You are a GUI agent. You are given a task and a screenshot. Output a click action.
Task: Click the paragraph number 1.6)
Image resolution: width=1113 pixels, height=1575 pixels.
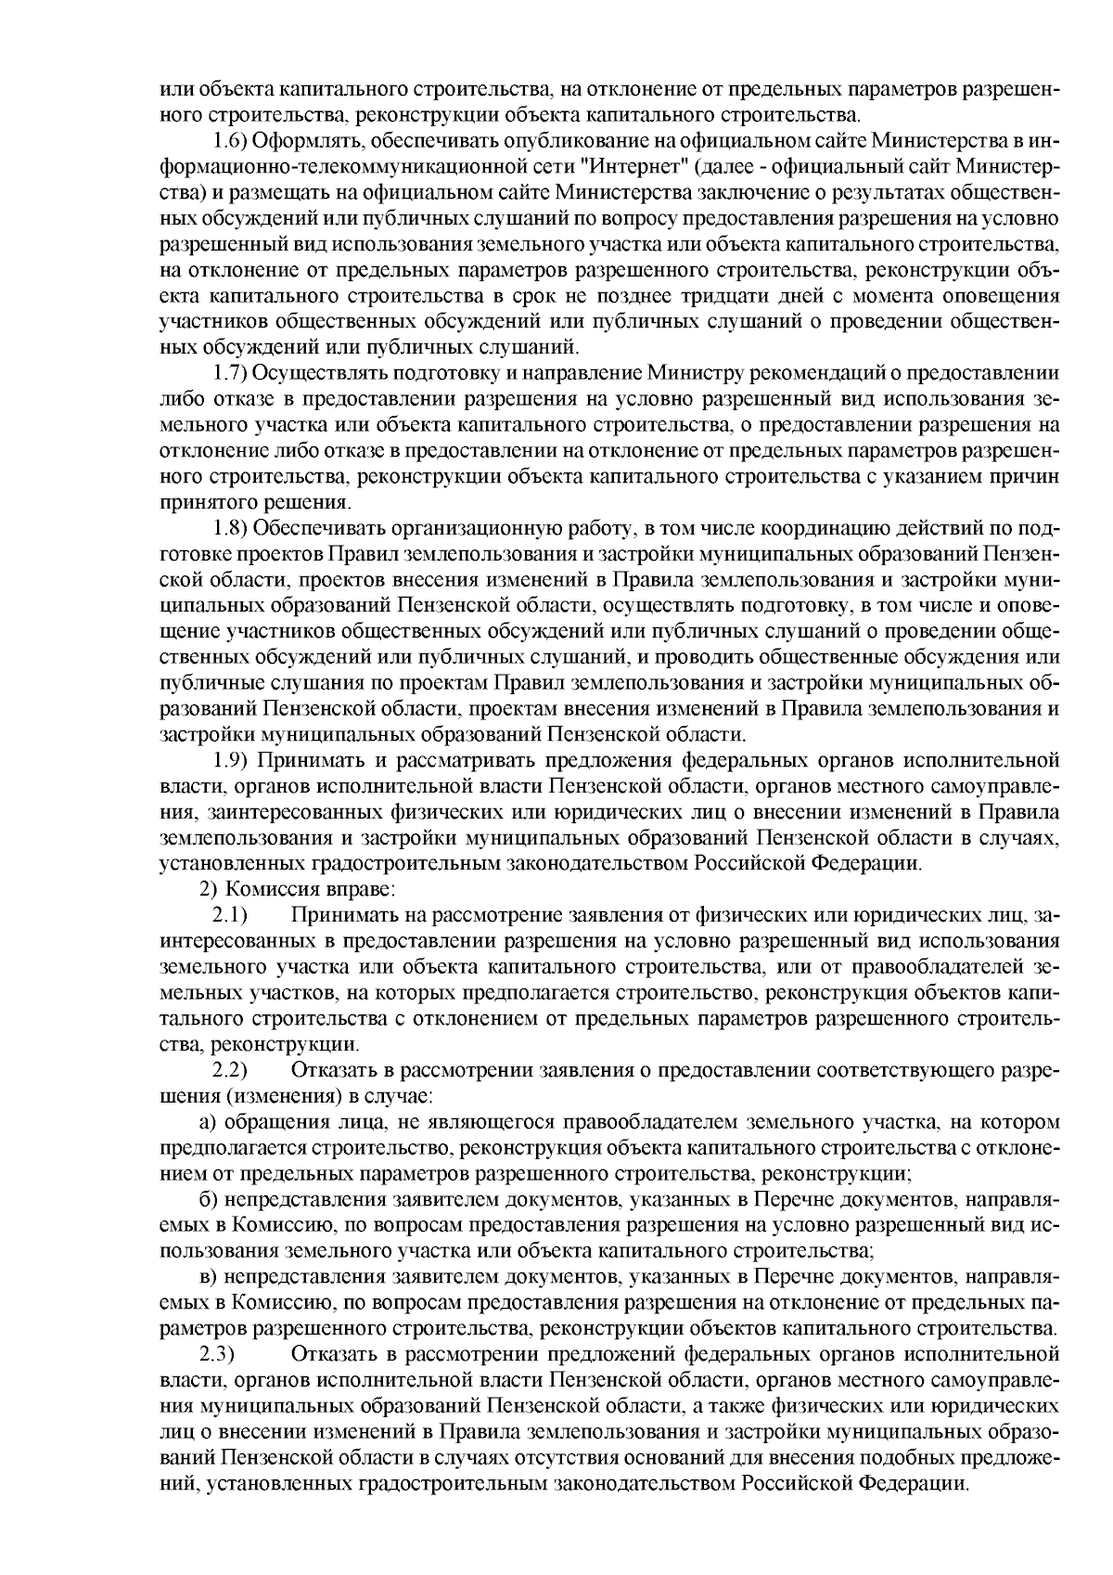[x=231, y=142]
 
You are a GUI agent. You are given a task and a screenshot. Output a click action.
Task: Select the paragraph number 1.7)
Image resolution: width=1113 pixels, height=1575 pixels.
[x=231, y=375]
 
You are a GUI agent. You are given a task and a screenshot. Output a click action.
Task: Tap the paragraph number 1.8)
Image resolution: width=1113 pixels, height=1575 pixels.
[x=231, y=530]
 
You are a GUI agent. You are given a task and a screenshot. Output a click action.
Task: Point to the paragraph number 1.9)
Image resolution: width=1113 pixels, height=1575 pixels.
[x=231, y=762]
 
